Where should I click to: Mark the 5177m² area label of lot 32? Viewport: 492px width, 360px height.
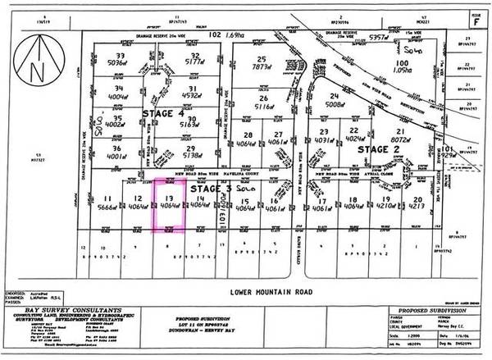pos(194,61)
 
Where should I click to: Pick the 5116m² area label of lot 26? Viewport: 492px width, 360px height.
pos(264,105)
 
